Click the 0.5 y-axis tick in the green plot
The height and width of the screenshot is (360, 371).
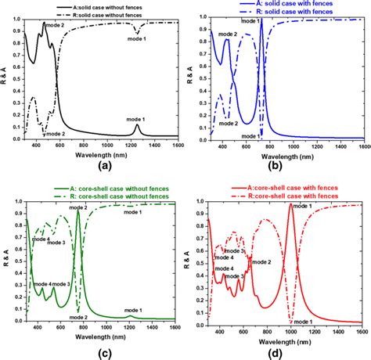click(16, 263)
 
